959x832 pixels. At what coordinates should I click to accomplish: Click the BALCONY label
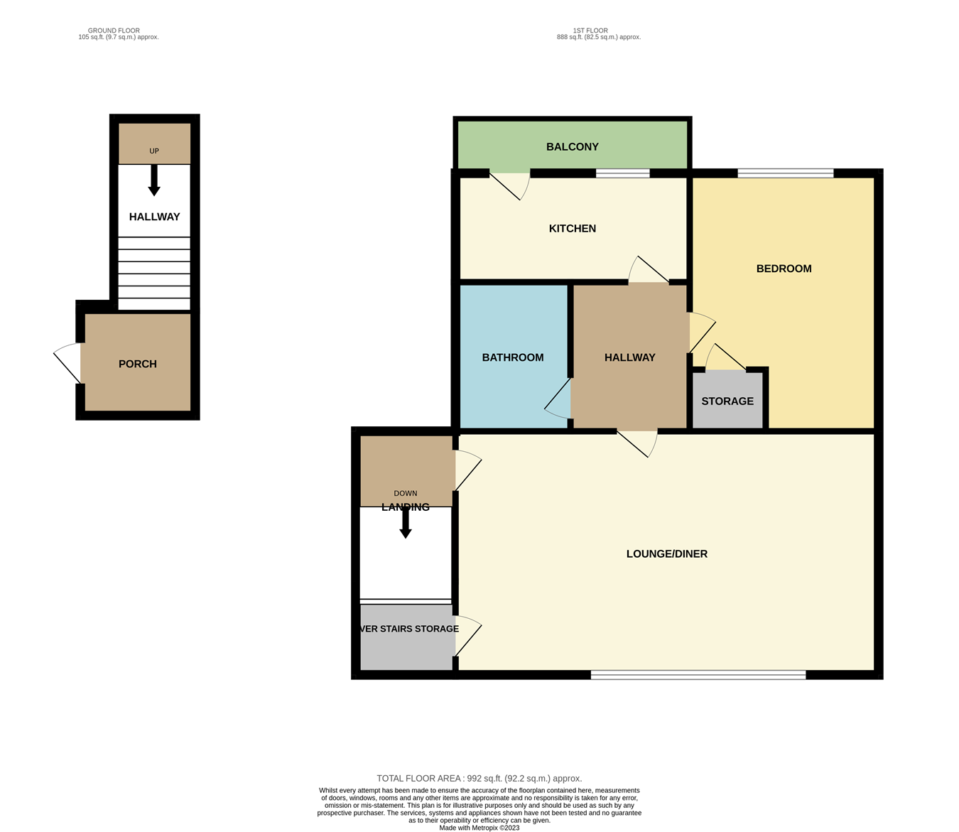(572, 147)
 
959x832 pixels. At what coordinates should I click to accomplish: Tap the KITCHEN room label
(572, 229)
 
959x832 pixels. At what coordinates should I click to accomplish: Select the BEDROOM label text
(784, 269)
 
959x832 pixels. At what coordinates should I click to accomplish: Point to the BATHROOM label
(512, 357)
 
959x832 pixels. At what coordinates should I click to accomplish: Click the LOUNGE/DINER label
(666, 554)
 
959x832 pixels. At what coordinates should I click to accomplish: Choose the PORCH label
(137, 364)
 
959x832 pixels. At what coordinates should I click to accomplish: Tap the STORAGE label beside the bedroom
(727, 401)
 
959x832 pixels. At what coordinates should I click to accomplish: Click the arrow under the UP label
(153, 181)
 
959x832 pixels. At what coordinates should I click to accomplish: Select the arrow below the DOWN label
(406, 524)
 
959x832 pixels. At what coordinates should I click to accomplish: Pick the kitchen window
(622, 173)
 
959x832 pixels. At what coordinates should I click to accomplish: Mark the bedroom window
(785, 173)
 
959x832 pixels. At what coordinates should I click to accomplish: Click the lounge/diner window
(698, 675)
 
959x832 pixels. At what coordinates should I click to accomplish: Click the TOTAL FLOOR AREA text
(479, 779)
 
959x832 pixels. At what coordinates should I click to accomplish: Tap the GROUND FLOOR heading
(114, 31)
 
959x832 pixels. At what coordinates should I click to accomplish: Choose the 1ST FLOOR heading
(590, 31)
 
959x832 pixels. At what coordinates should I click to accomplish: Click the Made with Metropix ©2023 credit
(479, 828)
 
